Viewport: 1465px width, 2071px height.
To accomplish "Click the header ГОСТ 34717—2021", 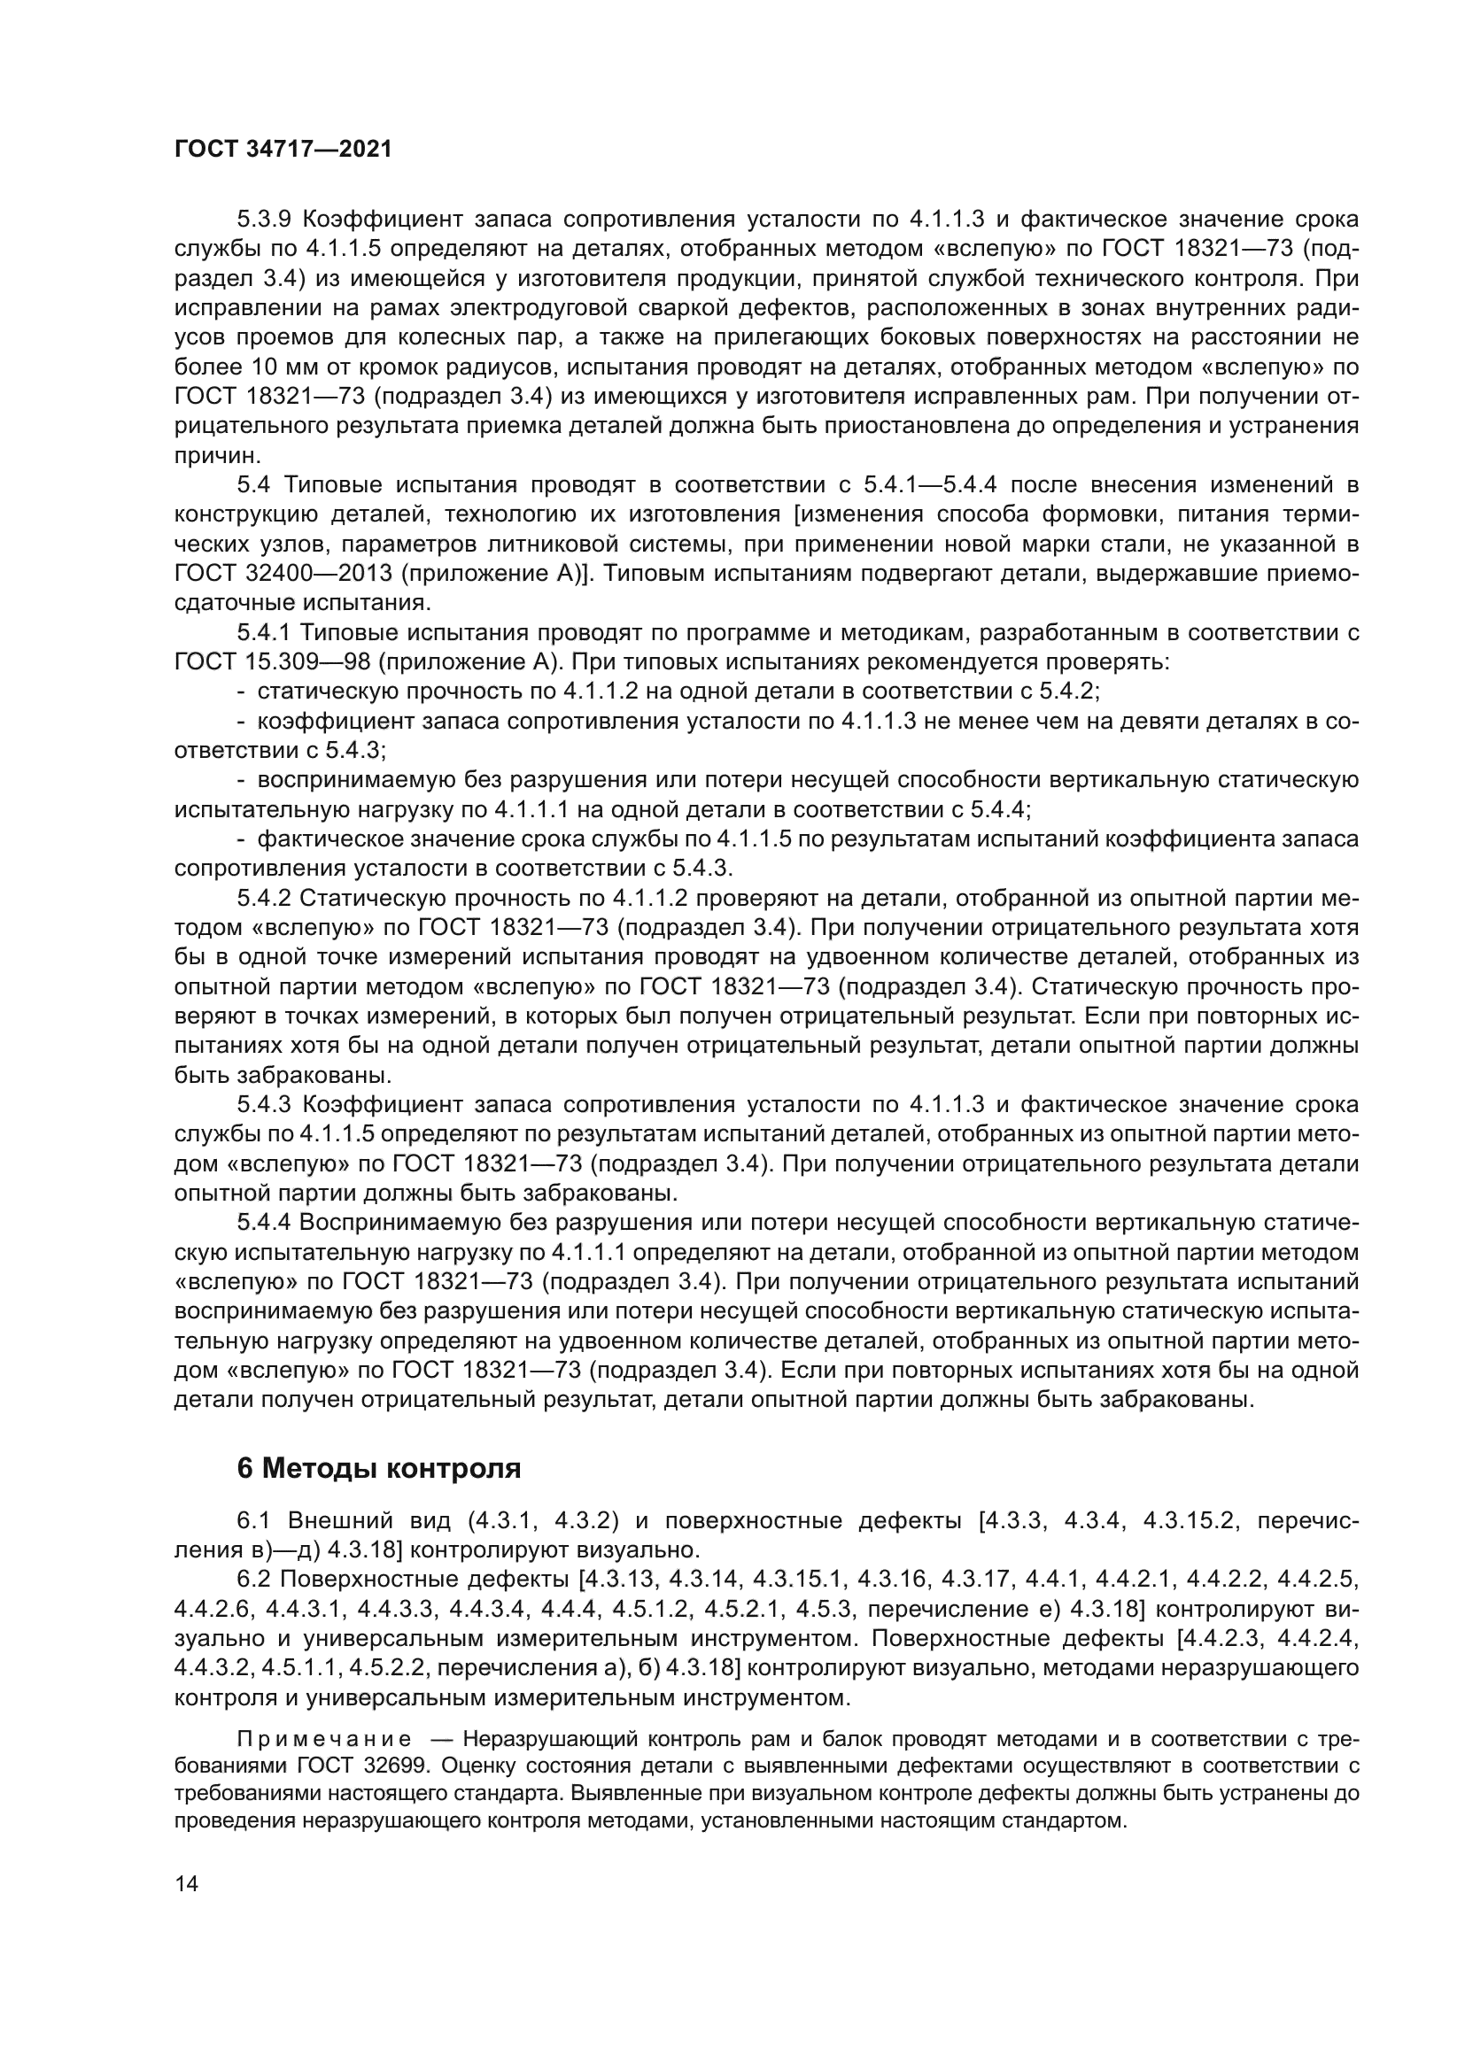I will tap(283, 150).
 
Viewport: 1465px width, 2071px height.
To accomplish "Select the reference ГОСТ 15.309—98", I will tap(272, 662).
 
